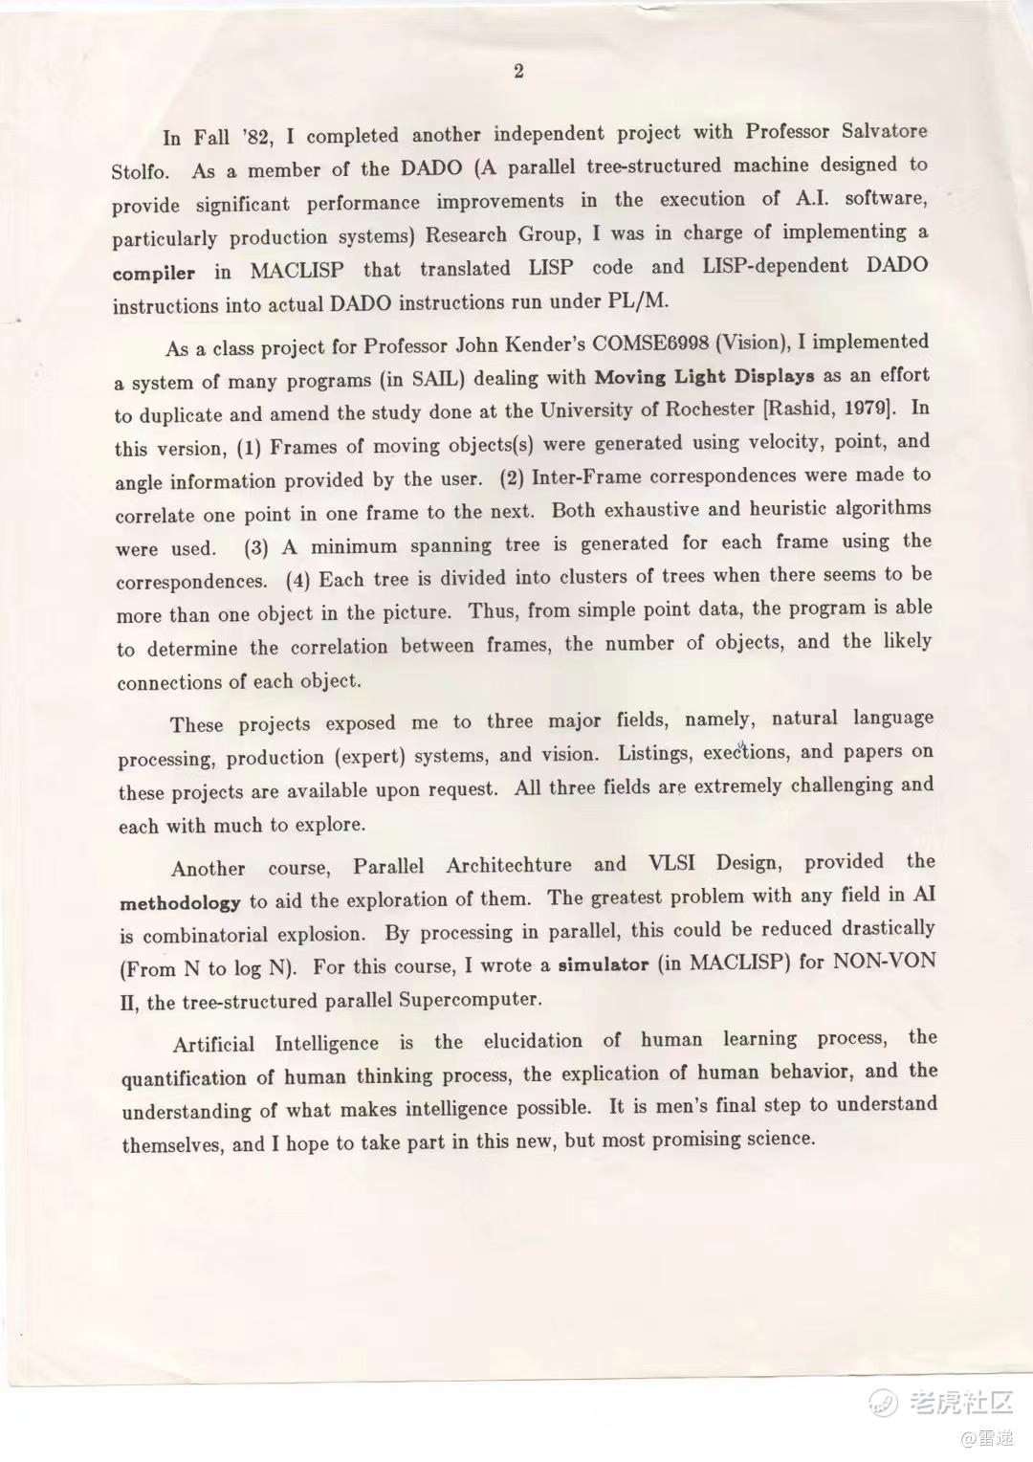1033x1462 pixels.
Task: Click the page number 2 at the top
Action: click(518, 71)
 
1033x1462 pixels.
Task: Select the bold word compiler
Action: click(153, 274)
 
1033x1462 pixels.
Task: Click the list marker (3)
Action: click(255, 547)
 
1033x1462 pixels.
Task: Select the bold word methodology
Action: click(180, 902)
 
